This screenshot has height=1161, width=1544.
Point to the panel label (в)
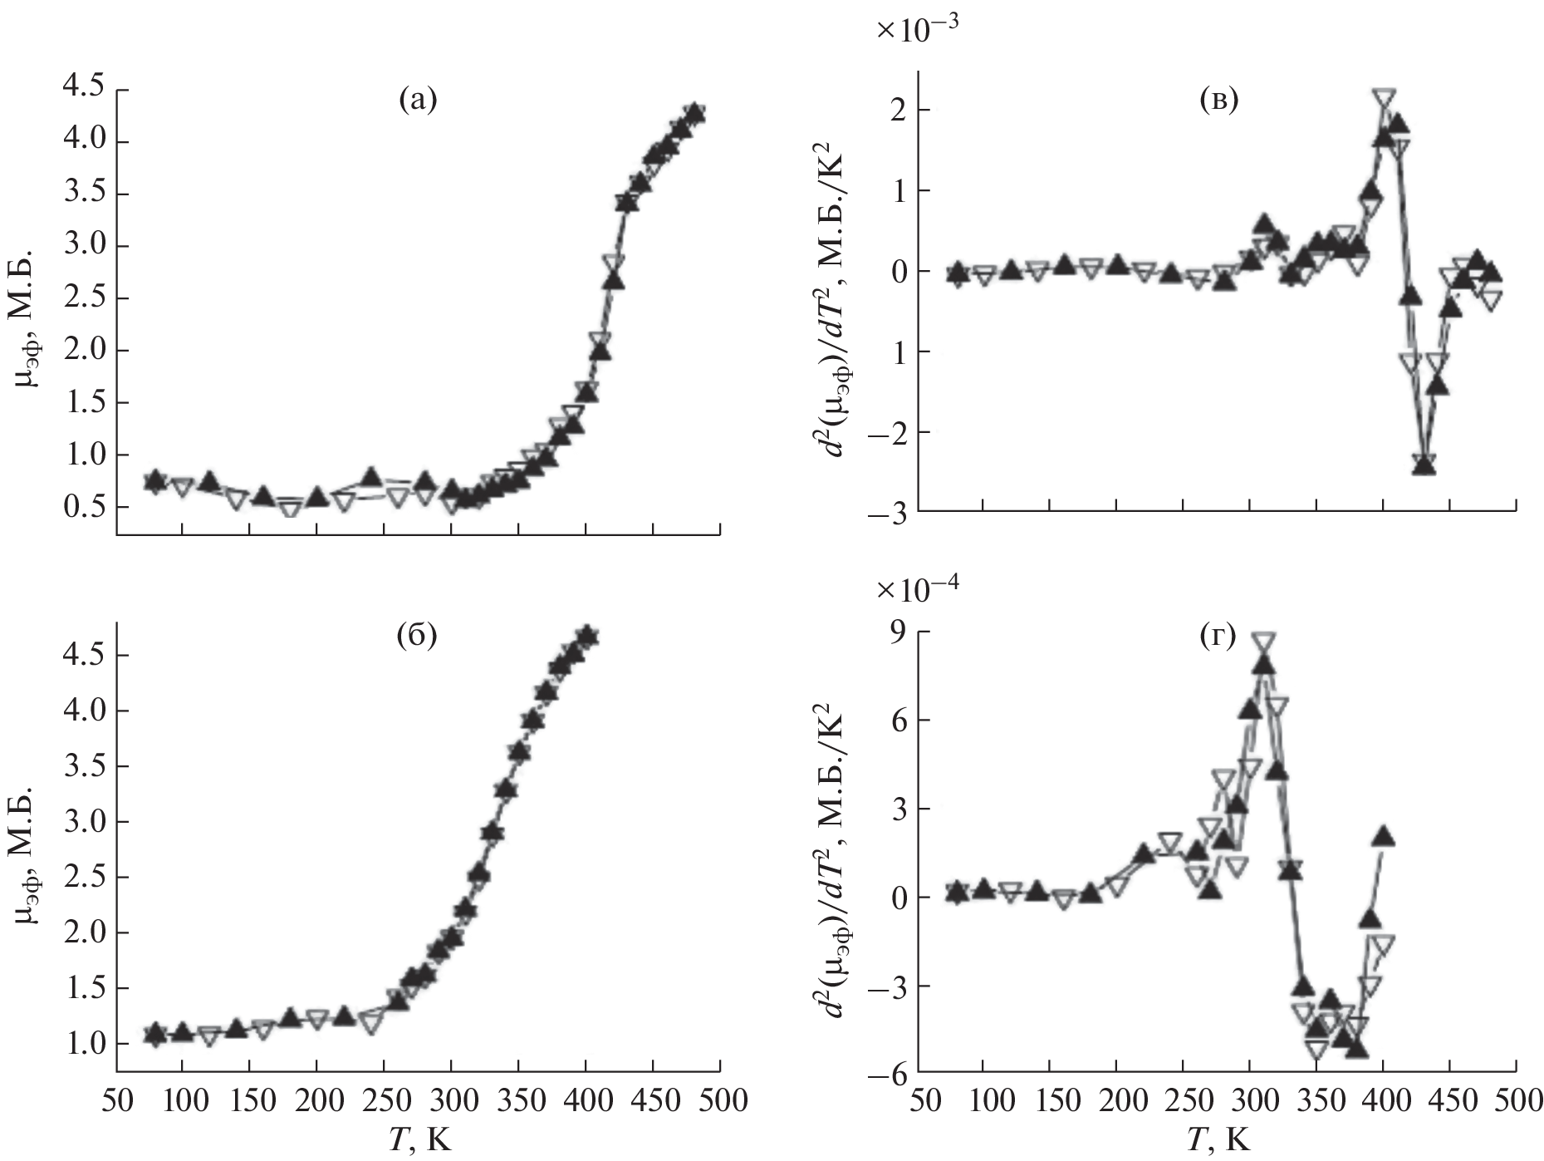(1218, 101)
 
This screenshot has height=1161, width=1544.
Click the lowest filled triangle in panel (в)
(1424, 465)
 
